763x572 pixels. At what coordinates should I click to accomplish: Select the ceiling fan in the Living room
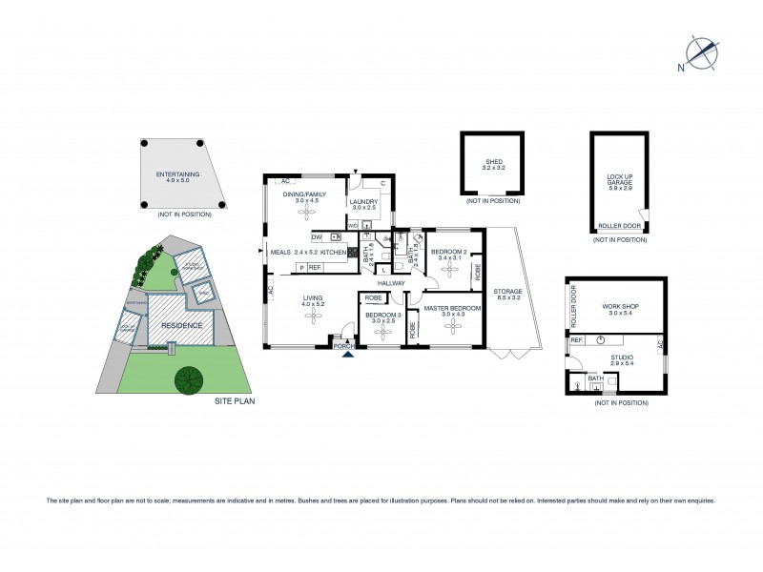coord(311,320)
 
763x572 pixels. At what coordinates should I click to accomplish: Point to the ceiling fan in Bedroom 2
coord(452,271)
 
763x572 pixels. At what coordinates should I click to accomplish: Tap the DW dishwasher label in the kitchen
coord(316,236)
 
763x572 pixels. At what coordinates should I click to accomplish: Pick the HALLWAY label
coord(392,283)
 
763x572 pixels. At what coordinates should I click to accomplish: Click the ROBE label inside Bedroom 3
coord(372,298)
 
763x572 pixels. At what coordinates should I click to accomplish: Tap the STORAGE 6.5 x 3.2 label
coord(507,295)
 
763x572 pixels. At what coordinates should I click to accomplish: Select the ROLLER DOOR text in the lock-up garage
coord(616,225)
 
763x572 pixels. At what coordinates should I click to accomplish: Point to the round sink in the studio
coord(601,340)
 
